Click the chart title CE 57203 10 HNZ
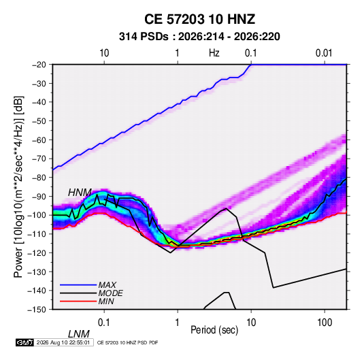[199, 19]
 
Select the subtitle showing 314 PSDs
[199, 37]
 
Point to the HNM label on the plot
[80, 193]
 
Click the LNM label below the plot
[78, 334]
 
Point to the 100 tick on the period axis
[325, 323]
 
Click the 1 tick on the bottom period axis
[178, 323]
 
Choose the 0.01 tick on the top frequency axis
[324, 53]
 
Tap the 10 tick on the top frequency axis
[104, 53]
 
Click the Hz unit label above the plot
[214, 53]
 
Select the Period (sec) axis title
[214, 330]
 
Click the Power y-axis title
[18, 186]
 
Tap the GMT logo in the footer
[24, 342]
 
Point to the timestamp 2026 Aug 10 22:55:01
[63, 342]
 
